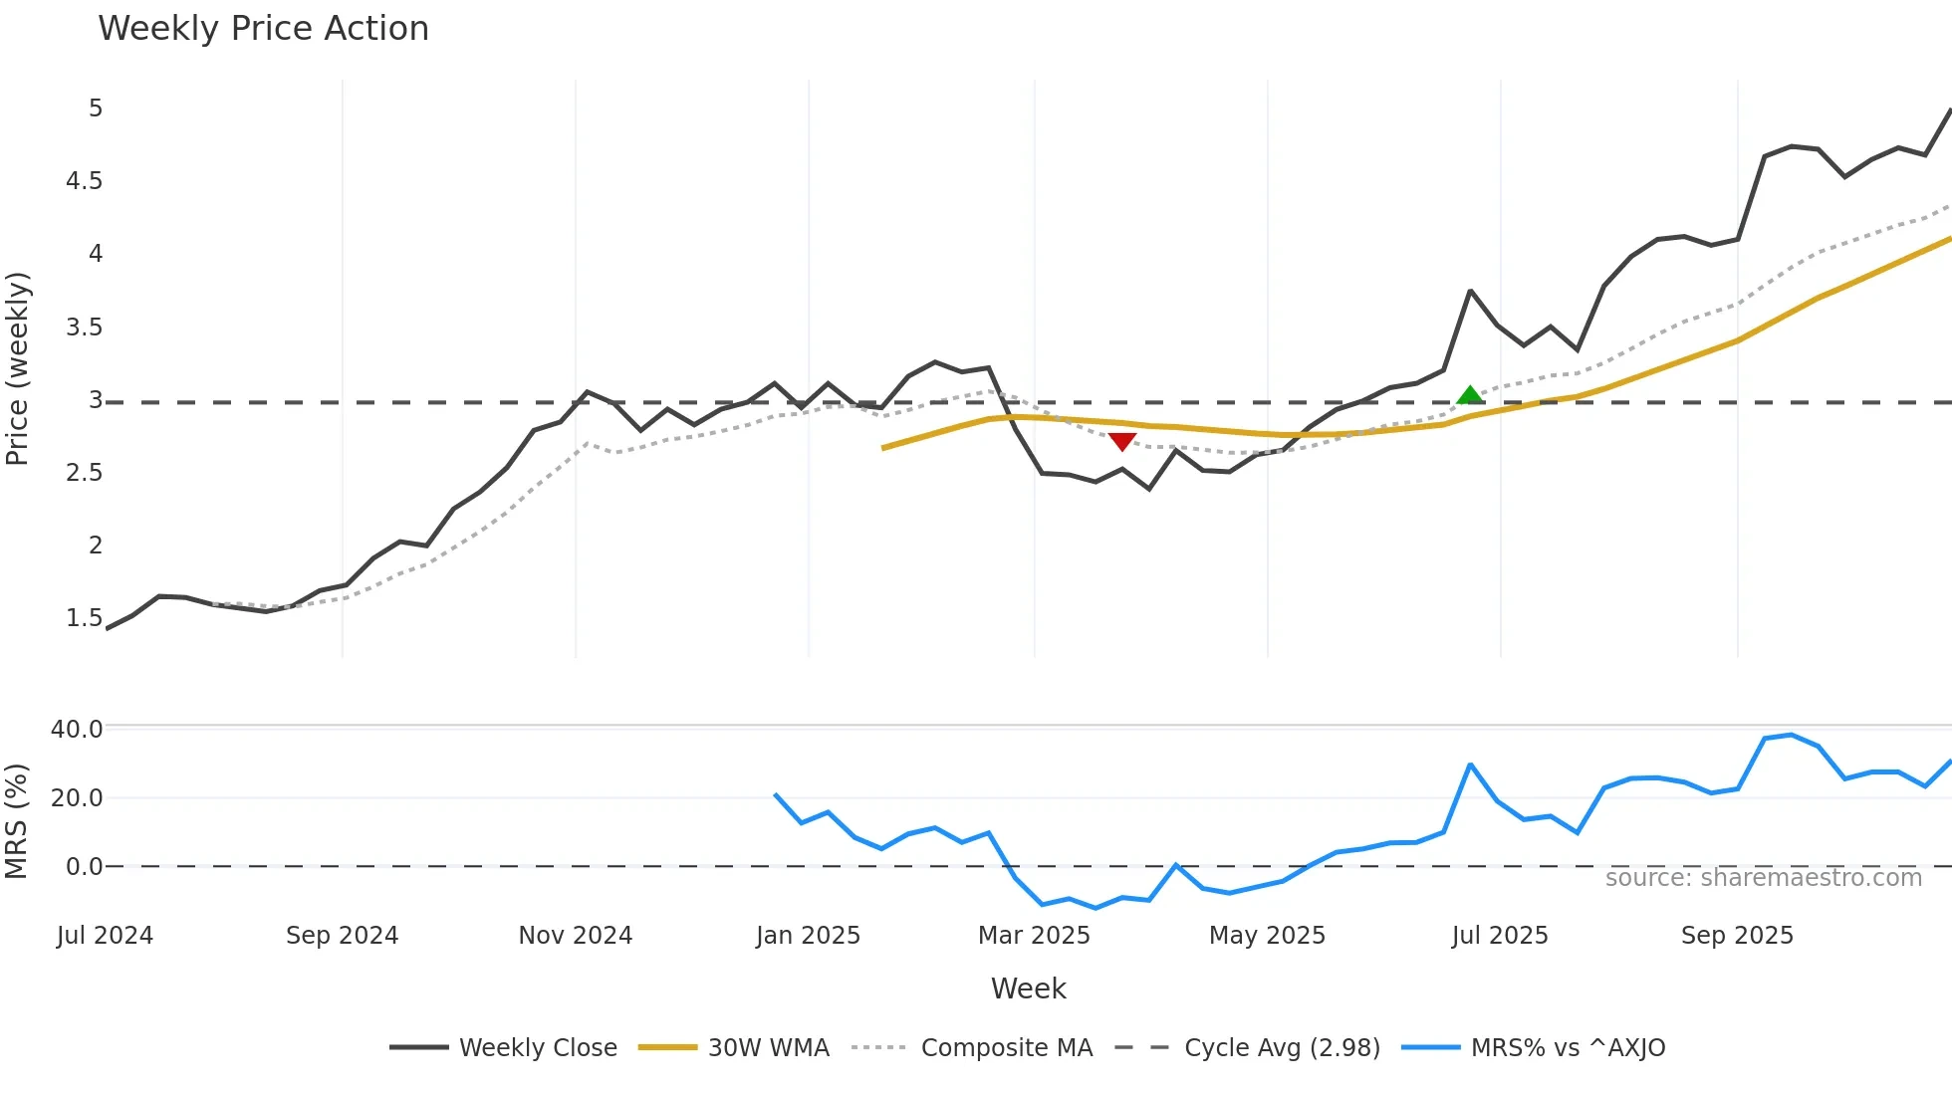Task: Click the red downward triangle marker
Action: tap(1122, 441)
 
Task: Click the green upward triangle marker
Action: tap(1470, 395)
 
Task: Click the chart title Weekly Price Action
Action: tap(263, 28)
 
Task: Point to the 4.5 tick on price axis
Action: tap(85, 180)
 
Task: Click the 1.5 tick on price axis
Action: tap(85, 617)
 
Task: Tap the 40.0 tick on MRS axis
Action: tap(77, 729)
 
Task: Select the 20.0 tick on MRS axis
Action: tap(77, 797)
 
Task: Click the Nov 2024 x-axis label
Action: tap(576, 935)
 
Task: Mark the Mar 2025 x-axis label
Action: tap(1034, 935)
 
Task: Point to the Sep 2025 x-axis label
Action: tap(1737, 935)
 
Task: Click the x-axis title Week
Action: tap(1028, 988)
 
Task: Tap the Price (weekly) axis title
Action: tap(17, 368)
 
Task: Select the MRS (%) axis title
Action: tap(17, 820)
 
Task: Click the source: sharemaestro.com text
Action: tap(1763, 877)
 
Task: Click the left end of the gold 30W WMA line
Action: tap(884, 448)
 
